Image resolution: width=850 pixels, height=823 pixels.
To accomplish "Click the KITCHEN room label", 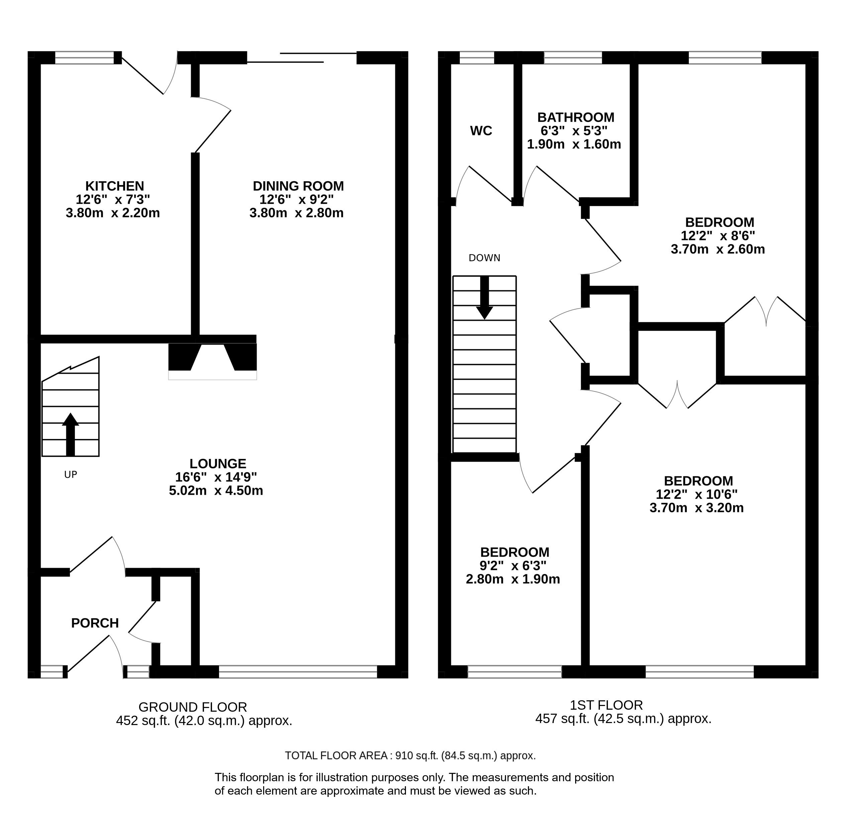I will (x=114, y=186).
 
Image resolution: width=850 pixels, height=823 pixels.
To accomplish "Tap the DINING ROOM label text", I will (x=298, y=186).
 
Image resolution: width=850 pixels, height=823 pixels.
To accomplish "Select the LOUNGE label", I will (x=218, y=464).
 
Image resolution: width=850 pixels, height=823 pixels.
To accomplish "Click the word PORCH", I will (x=95, y=623).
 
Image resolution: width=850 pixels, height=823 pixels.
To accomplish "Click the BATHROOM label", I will (x=575, y=118).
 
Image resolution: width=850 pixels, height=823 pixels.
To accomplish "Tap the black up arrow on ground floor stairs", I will (x=70, y=434).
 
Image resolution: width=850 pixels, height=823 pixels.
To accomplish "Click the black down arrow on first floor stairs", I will (x=485, y=298).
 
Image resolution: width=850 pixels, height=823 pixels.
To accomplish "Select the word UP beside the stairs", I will (x=70, y=475).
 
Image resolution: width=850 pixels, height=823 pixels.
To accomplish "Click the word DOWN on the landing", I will (x=485, y=258).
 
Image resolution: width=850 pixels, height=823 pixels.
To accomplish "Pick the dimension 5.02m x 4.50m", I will (x=216, y=490).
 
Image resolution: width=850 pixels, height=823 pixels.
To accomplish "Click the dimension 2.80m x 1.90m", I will (x=513, y=579).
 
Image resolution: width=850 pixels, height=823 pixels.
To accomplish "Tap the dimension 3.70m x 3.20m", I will (x=697, y=508).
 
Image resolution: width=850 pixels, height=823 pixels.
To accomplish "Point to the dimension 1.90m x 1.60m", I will (x=574, y=144).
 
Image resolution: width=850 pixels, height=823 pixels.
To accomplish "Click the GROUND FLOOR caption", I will (x=193, y=707).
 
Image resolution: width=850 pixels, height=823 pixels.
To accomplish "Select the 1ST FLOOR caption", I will (x=606, y=705).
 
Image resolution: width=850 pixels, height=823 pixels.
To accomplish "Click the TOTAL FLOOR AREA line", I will (x=410, y=756).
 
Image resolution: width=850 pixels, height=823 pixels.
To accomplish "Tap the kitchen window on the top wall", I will (x=85, y=58).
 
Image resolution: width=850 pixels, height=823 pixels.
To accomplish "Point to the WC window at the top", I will (x=476, y=58).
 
